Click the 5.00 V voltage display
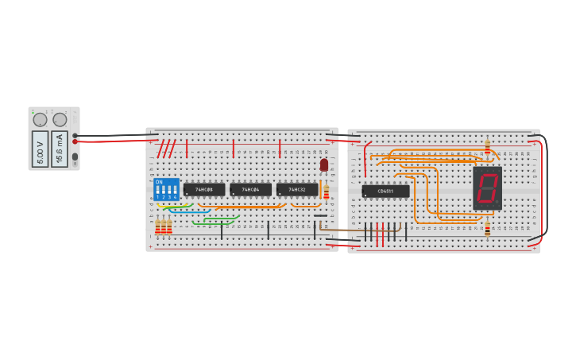[40, 149]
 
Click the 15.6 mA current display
[60, 149]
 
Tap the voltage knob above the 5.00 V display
[40, 120]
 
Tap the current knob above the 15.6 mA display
[60, 120]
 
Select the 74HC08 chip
[204, 190]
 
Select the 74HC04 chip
[250, 190]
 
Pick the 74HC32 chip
[297, 190]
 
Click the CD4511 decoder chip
[385, 192]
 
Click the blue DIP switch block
[166, 190]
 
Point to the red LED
[324, 165]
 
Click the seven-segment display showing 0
[487, 188]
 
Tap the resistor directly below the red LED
[326, 192]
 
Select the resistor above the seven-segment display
[487, 148]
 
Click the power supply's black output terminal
[75, 135]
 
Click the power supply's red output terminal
[75, 141]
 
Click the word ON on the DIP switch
[159, 182]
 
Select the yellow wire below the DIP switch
[163, 207]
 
